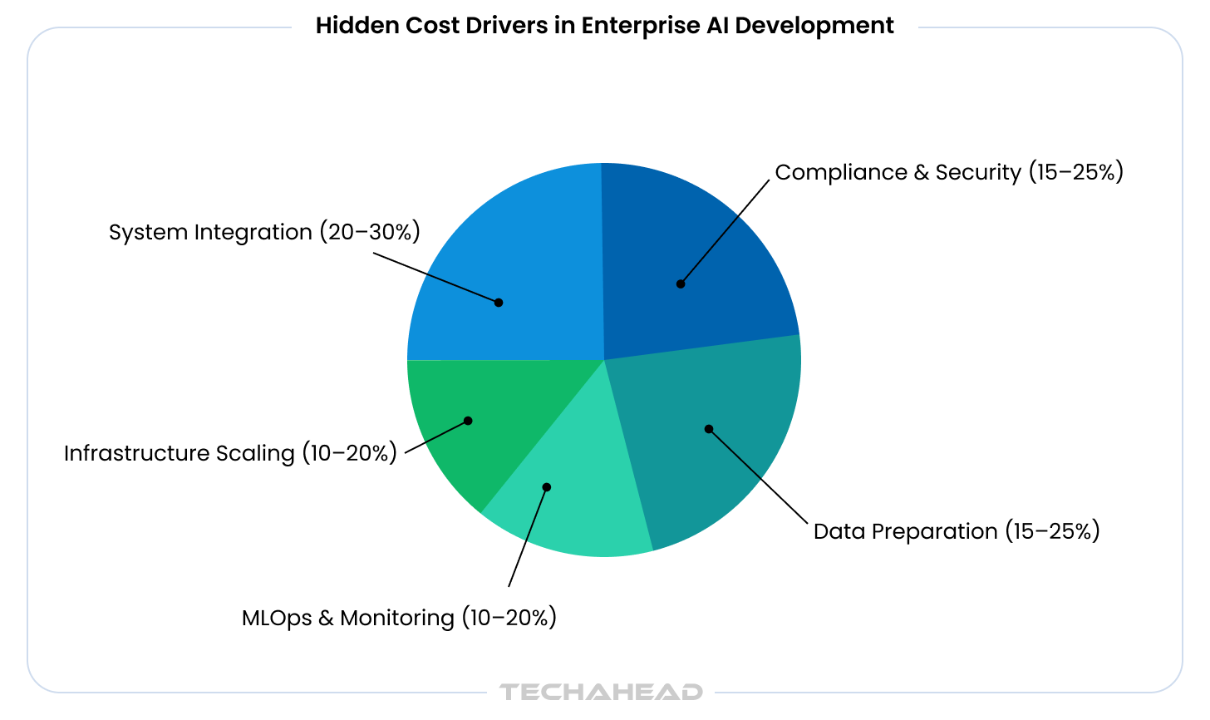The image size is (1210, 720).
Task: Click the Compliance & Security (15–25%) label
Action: pos(949,172)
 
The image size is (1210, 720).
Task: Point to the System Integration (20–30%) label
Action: pos(264,232)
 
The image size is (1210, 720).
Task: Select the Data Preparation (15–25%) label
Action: pos(957,531)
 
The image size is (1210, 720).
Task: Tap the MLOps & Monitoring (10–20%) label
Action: pos(399,618)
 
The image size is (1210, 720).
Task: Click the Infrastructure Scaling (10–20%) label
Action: pos(230,453)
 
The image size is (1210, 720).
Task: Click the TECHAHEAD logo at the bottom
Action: pos(601,692)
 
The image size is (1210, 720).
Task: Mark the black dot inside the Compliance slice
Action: pos(681,284)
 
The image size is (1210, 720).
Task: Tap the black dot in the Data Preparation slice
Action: pos(709,429)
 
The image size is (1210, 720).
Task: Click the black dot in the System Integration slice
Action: pos(499,303)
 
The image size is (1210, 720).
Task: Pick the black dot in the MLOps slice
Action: pos(547,487)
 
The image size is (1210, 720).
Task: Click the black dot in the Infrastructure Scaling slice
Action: pos(468,421)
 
